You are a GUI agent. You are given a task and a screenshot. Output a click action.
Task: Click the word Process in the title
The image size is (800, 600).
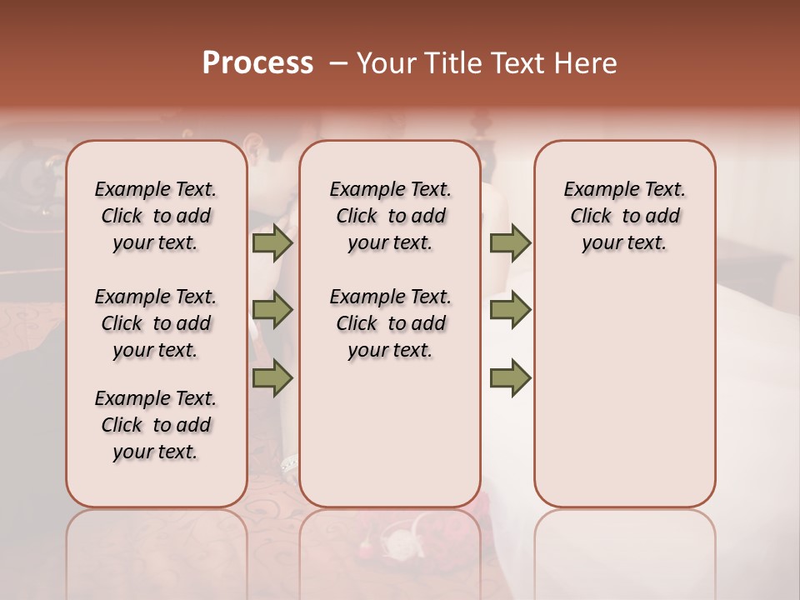pos(257,62)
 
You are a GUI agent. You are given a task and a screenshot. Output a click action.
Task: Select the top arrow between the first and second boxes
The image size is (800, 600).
pos(272,243)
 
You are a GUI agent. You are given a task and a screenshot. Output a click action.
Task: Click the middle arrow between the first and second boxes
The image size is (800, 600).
pos(272,310)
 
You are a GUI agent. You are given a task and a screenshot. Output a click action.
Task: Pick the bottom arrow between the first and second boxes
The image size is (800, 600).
pos(272,377)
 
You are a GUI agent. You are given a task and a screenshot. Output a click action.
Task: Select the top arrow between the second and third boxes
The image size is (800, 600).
pos(510,243)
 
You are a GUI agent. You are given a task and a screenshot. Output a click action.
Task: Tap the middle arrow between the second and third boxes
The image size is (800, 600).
pos(510,310)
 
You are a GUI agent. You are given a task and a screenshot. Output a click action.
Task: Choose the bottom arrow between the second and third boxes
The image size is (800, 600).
pos(510,377)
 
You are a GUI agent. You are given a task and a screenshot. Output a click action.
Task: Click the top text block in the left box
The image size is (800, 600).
pos(156,216)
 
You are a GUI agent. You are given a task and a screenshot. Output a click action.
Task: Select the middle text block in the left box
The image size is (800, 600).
pos(156,323)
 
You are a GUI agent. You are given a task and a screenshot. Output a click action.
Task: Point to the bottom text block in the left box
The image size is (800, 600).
pos(156,425)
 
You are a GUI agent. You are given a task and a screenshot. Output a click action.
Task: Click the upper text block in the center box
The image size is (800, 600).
pos(391,216)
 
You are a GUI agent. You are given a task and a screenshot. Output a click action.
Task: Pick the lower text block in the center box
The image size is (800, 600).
pos(391,323)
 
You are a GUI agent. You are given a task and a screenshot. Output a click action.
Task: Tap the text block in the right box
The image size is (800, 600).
pos(625,216)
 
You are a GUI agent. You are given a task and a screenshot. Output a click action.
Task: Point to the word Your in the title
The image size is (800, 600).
pos(386,63)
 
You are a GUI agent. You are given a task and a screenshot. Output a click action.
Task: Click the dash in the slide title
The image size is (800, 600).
pos(338,63)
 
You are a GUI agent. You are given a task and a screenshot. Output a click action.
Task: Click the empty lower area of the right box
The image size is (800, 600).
pos(625,392)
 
